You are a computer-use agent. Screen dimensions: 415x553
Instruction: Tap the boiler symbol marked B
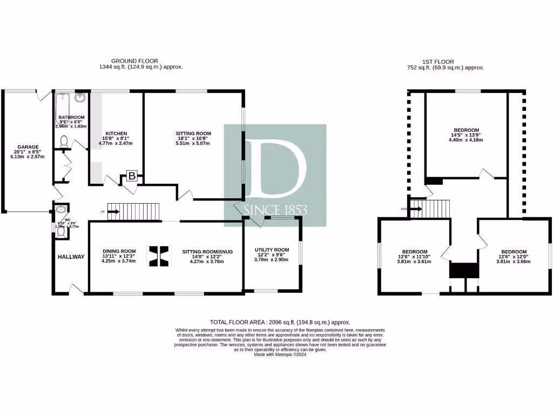[132, 175]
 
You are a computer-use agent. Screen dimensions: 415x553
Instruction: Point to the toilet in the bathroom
[64, 142]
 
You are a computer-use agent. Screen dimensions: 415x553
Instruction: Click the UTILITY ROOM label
[272, 250]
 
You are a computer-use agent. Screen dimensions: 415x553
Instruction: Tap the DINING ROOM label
[119, 251]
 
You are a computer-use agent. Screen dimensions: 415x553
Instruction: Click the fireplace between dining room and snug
[159, 256]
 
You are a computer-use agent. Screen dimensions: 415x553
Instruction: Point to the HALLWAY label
[71, 257]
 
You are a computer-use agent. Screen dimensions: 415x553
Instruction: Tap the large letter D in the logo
[275, 168]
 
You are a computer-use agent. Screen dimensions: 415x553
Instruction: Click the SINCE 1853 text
[275, 209]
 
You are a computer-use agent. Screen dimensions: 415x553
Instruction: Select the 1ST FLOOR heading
[437, 62]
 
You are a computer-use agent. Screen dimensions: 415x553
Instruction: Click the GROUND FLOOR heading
[134, 61]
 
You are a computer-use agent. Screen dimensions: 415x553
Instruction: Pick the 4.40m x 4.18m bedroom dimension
[466, 140]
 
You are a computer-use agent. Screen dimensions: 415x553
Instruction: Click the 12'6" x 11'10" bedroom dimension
[413, 256]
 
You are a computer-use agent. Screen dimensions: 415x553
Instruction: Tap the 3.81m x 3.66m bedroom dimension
[514, 262]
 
